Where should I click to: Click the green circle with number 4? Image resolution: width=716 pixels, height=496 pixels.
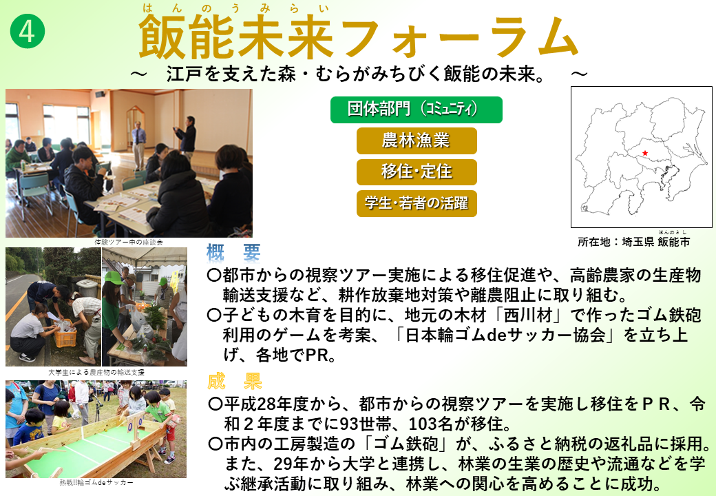(28, 32)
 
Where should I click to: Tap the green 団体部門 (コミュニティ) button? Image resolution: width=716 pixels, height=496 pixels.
(416, 110)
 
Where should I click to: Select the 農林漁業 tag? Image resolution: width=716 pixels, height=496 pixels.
(417, 141)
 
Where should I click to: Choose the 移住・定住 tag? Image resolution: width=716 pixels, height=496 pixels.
(417, 172)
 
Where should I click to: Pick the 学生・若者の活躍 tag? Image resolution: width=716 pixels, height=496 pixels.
(417, 203)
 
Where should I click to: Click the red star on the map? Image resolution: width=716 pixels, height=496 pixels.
(645, 153)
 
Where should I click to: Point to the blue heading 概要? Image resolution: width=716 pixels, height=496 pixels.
(233, 253)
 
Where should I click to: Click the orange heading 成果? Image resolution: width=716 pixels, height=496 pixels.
(234, 381)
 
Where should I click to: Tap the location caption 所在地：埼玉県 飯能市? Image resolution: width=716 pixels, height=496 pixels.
(633, 242)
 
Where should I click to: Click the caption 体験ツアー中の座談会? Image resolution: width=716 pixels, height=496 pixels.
(128, 242)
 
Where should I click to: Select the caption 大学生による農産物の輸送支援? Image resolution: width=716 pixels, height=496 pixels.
(96, 372)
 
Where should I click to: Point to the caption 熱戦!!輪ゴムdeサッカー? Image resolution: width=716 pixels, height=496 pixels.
(96, 482)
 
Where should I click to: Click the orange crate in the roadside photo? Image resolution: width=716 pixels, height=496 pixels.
(65, 333)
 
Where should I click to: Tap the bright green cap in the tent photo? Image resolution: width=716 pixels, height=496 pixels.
(114, 278)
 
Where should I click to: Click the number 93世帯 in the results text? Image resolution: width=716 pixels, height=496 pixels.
(366, 424)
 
